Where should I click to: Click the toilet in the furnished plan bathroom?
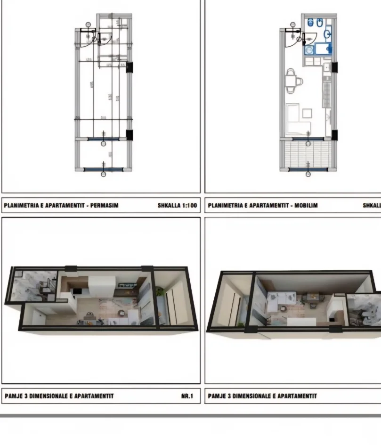tap(311, 22)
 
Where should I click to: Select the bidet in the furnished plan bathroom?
tap(320, 22)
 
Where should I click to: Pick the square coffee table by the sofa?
tap(307, 113)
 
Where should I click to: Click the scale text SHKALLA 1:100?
tap(178, 206)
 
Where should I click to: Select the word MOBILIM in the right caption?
tap(306, 206)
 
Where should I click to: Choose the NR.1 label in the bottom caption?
tap(187, 396)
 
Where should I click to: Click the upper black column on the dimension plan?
tap(130, 67)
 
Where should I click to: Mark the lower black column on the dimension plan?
tap(130, 135)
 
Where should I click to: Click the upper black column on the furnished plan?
tap(334, 67)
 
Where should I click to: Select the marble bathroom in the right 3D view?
tap(365, 309)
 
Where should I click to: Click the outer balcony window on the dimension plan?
tap(104, 169)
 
